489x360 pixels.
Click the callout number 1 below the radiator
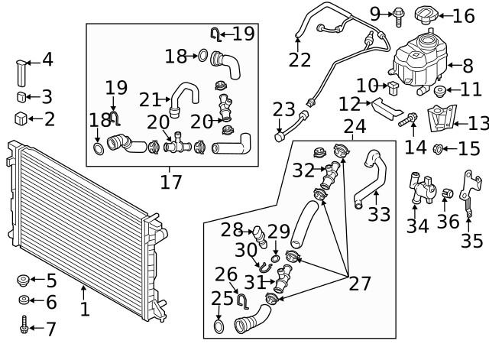click(84, 310)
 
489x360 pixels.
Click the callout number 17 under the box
click(171, 182)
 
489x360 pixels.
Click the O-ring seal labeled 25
click(219, 328)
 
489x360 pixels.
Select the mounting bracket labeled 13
click(437, 119)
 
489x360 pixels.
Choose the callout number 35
click(471, 241)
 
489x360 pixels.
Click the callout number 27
click(359, 284)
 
